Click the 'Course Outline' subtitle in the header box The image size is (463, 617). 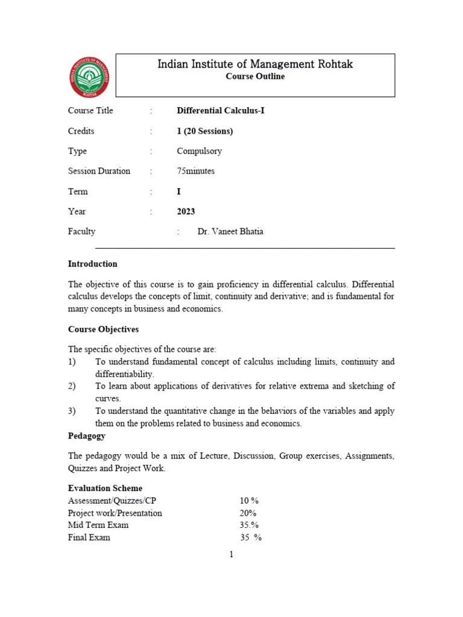click(x=255, y=77)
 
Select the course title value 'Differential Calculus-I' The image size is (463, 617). click(x=221, y=111)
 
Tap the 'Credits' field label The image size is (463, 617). click(x=81, y=131)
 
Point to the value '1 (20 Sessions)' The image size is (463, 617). click(x=205, y=131)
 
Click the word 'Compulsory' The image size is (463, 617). click(x=200, y=151)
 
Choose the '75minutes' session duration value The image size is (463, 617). click(x=196, y=171)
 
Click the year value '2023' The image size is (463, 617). click(x=186, y=211)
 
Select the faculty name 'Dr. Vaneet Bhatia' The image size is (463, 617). click(x=230, y=231)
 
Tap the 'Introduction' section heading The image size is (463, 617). click(x=93, y=264)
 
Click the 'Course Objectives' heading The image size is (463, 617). click(x=104, y=330)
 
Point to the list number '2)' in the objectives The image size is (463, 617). click(x=72, y=386)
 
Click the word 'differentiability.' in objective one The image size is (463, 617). click(x=125, y=374)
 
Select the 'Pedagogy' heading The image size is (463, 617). click(x=87, y=436)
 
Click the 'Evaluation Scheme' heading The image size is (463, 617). click(x=106, y=488)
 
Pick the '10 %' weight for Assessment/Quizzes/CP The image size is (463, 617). click(x=249, y=501)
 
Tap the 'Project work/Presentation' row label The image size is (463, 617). click(x=115, y=513)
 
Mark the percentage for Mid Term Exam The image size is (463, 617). click(x=249, y=525)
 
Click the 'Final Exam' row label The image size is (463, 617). click(x=89, y=537)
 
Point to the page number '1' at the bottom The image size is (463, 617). click(x=231, y=555)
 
